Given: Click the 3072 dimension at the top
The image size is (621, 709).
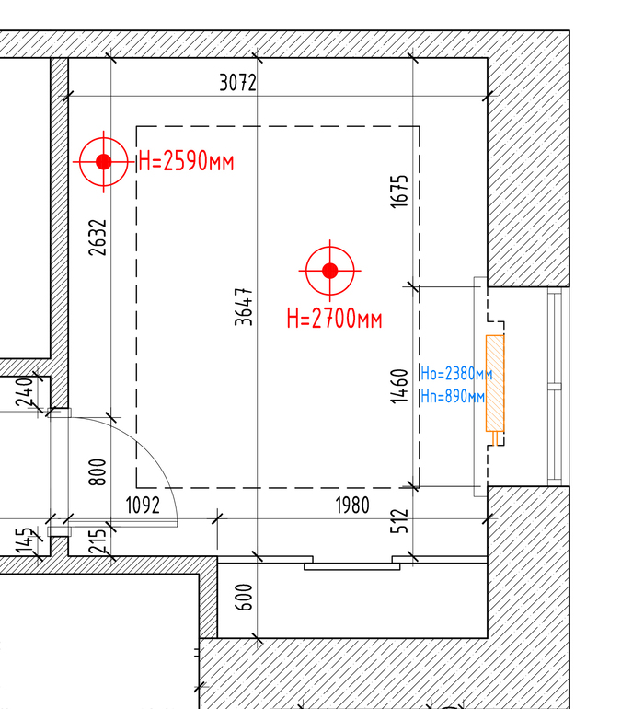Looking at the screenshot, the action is point(238,83).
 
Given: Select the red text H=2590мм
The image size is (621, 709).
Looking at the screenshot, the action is point(186,161).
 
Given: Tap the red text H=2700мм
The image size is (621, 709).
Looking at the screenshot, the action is point(335,319).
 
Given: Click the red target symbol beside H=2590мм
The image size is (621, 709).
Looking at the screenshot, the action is point(104,161).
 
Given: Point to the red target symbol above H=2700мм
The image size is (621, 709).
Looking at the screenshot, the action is point(330,271).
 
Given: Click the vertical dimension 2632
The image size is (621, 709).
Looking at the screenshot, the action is point(98,238).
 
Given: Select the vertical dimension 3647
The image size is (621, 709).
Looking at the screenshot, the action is point(244,307).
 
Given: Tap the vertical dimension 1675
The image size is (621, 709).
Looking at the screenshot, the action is point(399,192).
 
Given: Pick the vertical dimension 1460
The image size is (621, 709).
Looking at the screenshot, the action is point(399,386).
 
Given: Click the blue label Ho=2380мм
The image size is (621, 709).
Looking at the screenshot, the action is point(456,374).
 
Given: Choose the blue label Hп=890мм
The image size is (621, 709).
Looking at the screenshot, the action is point(453,397).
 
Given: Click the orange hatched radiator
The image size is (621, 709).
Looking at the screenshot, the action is point(495,383).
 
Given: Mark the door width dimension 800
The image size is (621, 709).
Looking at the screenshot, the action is point(98,472).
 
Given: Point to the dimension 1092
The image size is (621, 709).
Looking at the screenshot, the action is point(143,506).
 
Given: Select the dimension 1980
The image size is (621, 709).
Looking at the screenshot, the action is point(352,506).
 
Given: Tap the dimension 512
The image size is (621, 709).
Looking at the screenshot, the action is point(399,521).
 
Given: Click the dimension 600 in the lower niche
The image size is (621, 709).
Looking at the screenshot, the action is point(244,597).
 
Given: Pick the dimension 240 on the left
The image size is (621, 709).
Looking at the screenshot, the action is point(24,391).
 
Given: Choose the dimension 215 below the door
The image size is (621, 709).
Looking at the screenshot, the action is point(98,541).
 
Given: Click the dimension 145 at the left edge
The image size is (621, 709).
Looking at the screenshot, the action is point(24,540).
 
